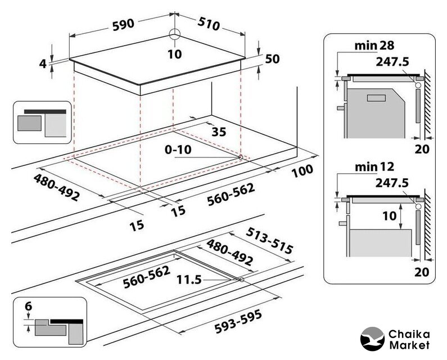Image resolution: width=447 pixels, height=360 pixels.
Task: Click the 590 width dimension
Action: tap(123, 24)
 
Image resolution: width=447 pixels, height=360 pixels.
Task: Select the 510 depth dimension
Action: tap(209, 24)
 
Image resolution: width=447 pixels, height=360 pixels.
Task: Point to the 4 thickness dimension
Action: tap(42, 64)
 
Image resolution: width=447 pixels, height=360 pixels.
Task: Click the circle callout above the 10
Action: tap(175, 34)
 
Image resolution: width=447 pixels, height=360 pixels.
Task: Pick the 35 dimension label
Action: tap(218, 132)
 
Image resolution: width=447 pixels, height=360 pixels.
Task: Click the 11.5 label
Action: tap(190, 279)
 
